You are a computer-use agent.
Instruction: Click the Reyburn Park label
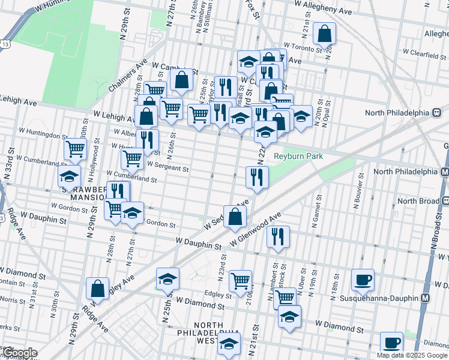click(x=298, y=157)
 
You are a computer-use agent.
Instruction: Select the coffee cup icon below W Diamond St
click(x=391, y=342)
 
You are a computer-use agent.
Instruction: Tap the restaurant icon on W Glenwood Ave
click(x=279, y=235)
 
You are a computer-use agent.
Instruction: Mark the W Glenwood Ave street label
click(x=255, y=230)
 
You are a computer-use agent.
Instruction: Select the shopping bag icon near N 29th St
click(x=97, y=289)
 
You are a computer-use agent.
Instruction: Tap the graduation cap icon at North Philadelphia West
click(x=229, y=344)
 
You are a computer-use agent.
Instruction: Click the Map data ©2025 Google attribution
click(x=412, y=355)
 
